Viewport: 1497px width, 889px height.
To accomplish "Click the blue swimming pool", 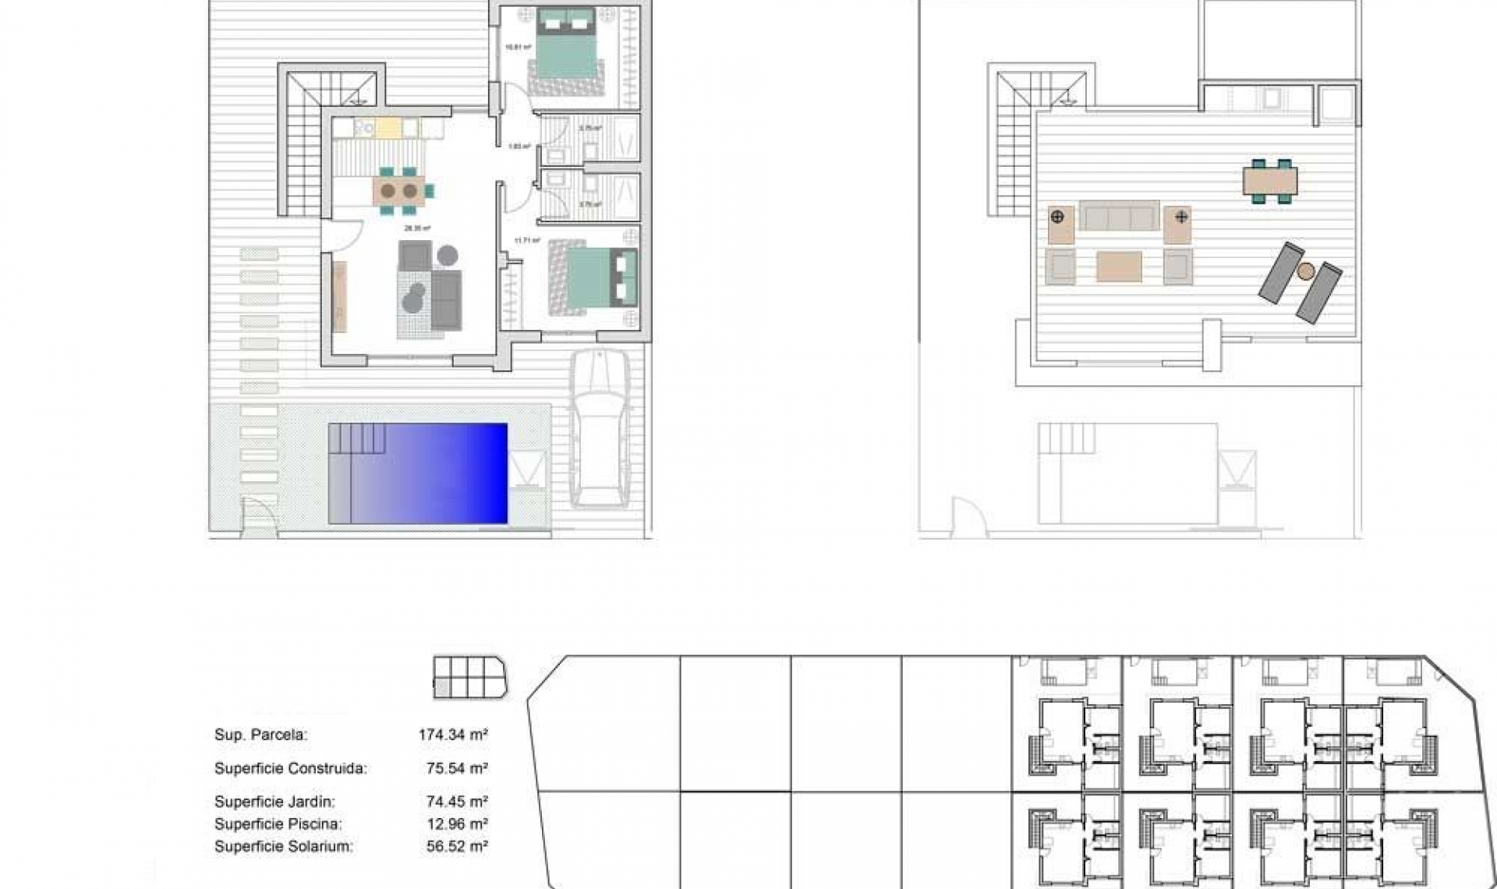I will coord(437,473).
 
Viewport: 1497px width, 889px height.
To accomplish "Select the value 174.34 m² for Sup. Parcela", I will coord(453,735).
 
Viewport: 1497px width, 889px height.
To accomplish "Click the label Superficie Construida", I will coord(290,769).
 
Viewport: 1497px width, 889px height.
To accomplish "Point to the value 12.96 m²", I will coord(457,824).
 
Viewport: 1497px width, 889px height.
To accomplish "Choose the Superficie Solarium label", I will coord(283,846).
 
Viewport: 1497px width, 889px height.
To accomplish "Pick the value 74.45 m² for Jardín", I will coord(457,802).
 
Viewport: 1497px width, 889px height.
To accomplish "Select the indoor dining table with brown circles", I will coord(399,190).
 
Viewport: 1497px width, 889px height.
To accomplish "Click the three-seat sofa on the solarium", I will coord(1119,216).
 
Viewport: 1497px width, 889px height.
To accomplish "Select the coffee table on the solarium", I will coord(1119,266).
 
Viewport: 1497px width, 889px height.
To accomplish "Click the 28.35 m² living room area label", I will coord(417,229).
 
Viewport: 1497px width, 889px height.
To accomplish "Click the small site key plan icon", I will coord(470,677).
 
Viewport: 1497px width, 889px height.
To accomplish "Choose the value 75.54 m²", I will coord(457,769).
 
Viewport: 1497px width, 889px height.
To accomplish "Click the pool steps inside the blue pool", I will coord(358,439).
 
